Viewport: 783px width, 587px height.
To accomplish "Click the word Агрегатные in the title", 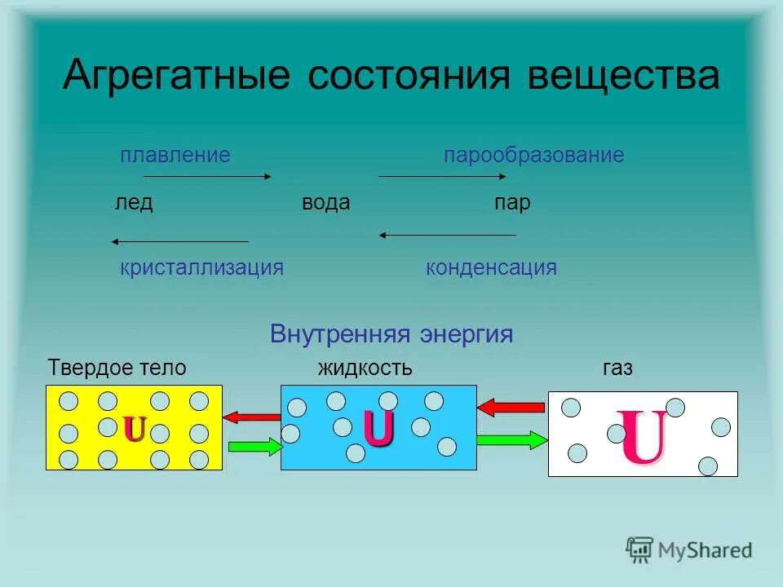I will pos(176,77).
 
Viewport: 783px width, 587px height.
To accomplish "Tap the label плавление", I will pos(175,155).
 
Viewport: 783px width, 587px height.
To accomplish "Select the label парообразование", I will pos(533,155).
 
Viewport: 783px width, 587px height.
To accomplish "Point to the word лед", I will pos(133,203).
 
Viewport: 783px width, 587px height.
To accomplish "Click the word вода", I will pos(325,203).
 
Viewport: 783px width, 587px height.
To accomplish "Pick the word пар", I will pos(512,203).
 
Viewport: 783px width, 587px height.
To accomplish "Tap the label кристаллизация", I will pos(201,267).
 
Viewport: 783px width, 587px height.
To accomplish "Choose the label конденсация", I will pos(491,267).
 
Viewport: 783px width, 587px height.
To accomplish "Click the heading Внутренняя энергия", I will pos(391,334).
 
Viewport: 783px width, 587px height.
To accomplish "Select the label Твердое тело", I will pos(117,368).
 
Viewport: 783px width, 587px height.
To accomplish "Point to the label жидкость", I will pos(365,368).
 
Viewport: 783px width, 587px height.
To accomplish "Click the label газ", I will pos(617,368).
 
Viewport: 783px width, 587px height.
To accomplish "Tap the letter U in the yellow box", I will pos(135,428).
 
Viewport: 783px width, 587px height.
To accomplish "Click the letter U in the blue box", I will pos(378,428).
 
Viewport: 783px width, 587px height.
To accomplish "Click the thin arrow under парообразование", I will pos(443,176).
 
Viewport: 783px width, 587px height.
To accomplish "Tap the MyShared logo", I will pos(689,549).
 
